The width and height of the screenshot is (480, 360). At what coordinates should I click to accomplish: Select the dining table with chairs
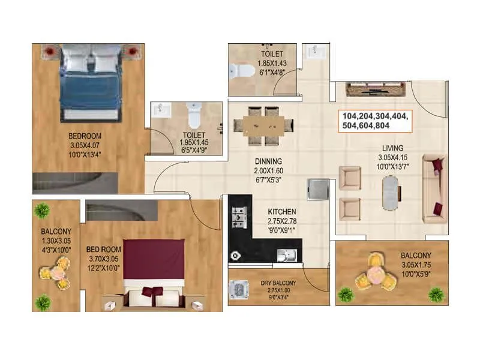[x=264, y=125]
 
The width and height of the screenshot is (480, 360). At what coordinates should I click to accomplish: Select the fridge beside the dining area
[x=318, y=189]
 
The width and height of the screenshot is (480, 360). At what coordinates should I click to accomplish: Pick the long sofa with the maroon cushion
[x=434, y=187]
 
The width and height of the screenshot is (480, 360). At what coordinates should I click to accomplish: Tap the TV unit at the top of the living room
[x=376, y=91]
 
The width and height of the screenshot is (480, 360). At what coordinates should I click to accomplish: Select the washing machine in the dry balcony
[x=241, y=290]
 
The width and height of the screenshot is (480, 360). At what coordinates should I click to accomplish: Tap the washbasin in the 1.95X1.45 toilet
[x=161, y=110]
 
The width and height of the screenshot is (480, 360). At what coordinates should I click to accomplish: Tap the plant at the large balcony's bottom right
[x=436, y=294]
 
